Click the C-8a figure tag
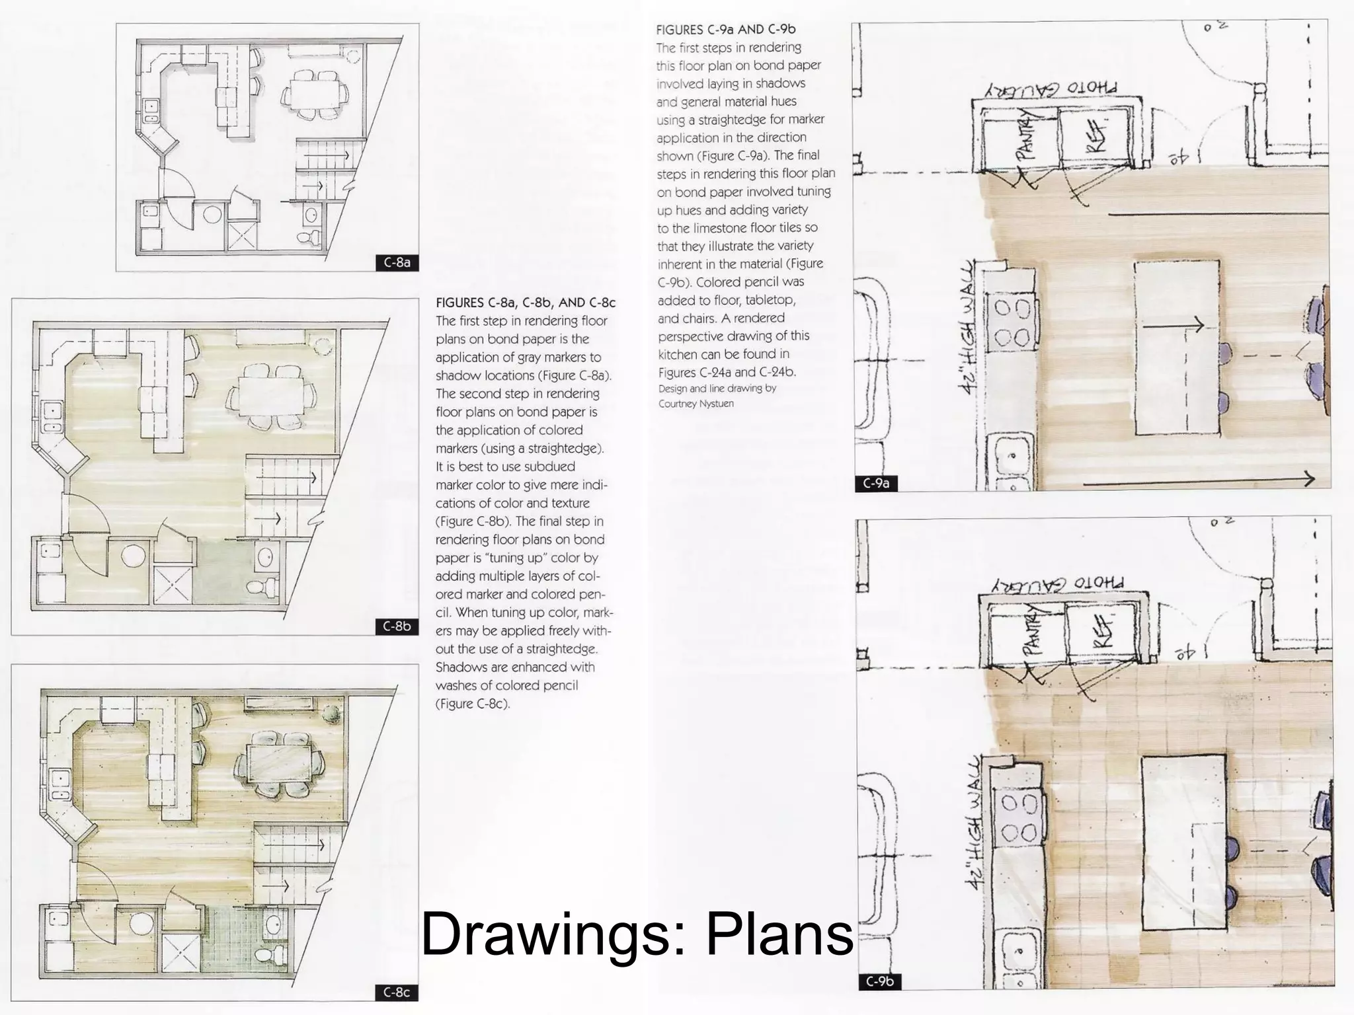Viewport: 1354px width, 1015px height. [x=397, y=262]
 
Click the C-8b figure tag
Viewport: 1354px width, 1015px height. [x=397, y=626]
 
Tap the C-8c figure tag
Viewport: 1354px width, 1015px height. [x=397, y=992]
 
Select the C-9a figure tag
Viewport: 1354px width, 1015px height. [x=877, y=483]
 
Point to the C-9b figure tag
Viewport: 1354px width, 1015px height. [x=880, y=981]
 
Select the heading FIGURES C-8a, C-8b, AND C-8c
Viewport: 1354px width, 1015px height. [x=526, y=303]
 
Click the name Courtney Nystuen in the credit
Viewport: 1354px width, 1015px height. [x=696, y=404]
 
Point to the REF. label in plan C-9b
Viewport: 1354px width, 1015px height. [x=1102, y=631]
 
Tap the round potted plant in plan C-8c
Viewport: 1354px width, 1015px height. [x=331, y=714]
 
